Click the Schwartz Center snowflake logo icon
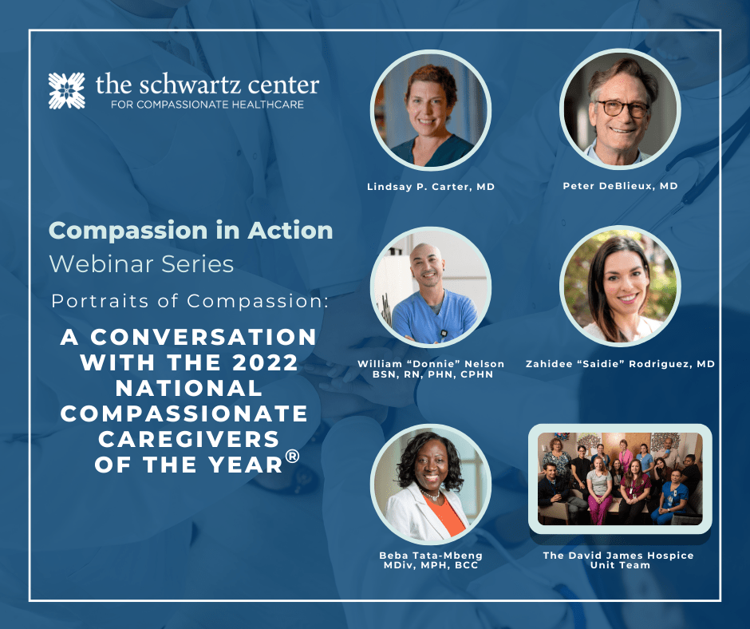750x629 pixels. tap(66, 90)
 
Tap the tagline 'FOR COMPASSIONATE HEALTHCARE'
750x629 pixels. tap(207, 105)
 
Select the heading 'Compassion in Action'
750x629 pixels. tap(191, 231)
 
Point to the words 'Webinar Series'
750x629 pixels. tap(141, 264)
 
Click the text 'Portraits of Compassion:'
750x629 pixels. tap(190, 301)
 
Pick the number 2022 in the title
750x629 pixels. tap(265, 362)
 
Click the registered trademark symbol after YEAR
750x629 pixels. tap(292, 456)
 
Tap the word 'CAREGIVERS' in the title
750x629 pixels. tap(189, 439)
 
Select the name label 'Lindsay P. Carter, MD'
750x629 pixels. tap(431, 187)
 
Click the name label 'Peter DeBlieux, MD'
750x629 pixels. tap(621, 186)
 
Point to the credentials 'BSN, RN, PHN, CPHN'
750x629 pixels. tap(433, 374)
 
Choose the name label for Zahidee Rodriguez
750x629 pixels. tap(621, 364)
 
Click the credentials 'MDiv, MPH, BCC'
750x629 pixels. tap(431, 565)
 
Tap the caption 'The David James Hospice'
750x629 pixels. tap(618, 556)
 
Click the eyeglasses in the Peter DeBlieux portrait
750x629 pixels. tap(621, 109)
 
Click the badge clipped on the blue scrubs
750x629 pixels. tap(444, 333)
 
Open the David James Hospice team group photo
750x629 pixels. tap(621, 479)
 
